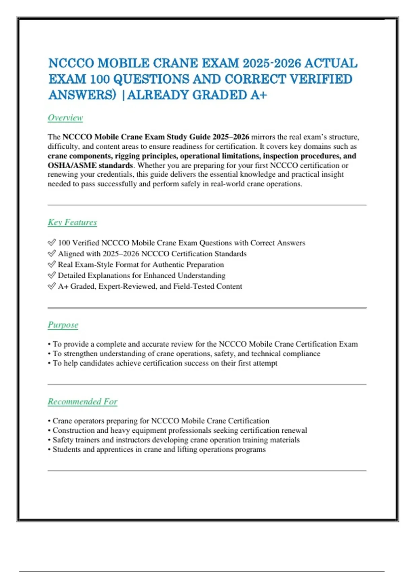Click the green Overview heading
point(65,118)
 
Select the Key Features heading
point(72,222)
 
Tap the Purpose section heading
point(63,325)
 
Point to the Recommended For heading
point(82,402)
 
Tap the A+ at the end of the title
point(258,95)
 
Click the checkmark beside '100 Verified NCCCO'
point(52,243)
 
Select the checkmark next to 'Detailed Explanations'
point(52,275)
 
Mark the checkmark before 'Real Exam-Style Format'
point(52,264)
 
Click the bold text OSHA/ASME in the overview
point(72,166)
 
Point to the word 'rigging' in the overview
point(128,156)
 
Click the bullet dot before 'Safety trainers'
point(49,440)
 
